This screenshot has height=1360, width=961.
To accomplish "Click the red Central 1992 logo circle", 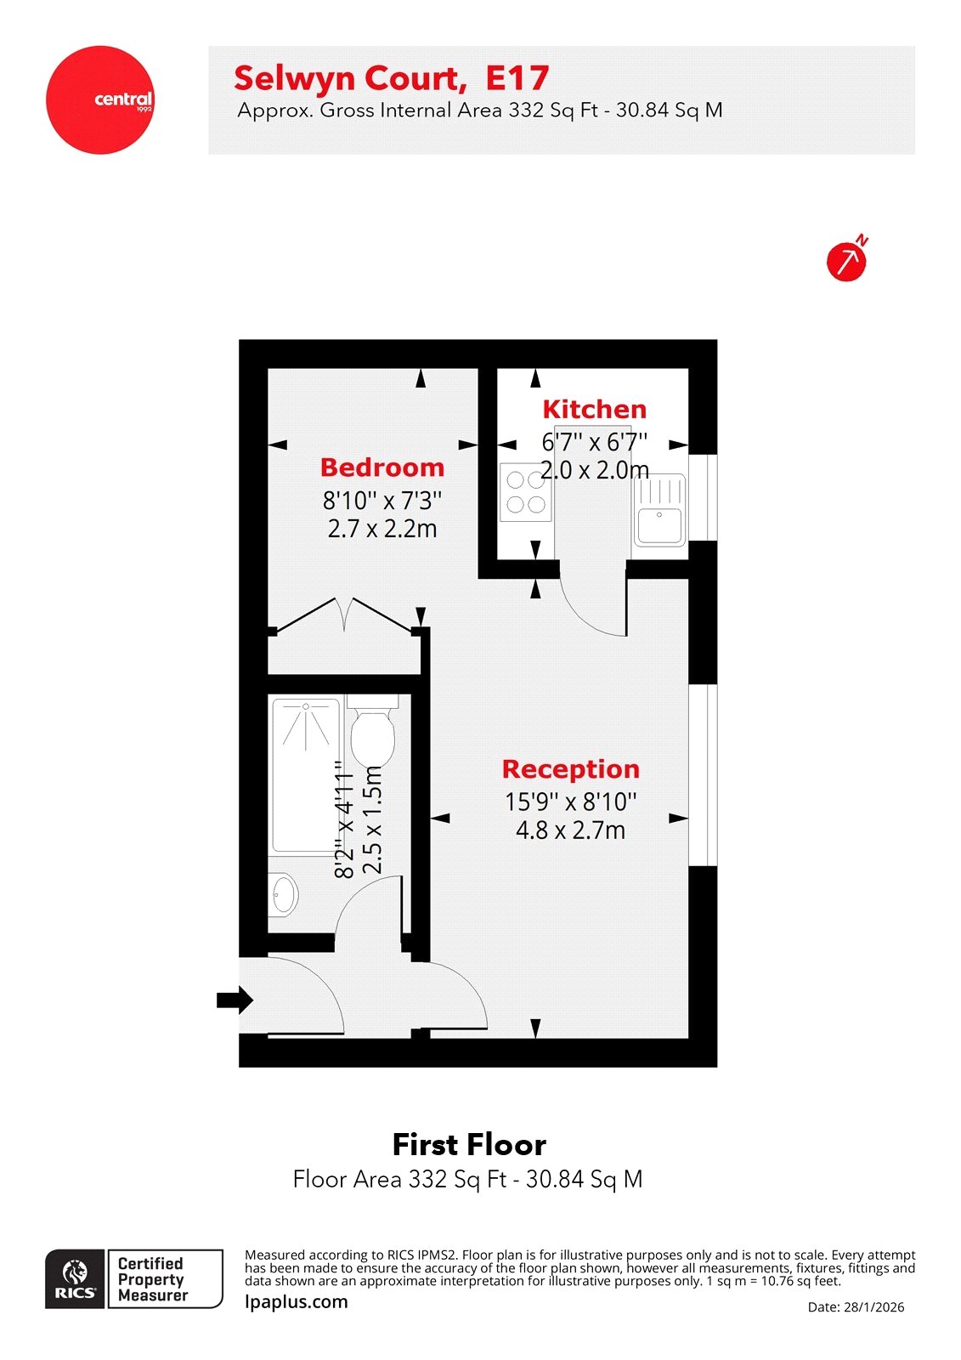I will [100, 100].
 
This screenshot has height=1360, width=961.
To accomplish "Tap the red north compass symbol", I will [846, 261].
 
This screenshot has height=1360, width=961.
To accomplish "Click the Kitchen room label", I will [594, 410].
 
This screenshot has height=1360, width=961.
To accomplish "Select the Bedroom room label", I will [382, 467].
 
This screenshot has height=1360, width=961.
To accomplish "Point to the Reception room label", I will [570, 769].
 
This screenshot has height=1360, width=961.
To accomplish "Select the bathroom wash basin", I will [284, 894].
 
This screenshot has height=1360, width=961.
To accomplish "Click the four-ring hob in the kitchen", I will [525, 492].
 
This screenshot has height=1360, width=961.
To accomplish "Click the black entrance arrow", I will [235, 1000].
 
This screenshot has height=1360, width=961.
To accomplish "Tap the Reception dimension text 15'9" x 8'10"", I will [570, 802].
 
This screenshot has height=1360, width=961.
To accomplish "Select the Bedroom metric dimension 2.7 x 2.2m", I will [382, 529].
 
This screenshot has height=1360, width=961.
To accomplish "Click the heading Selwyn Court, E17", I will [392, 78].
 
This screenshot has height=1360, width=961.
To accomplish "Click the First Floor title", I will [469, 1145].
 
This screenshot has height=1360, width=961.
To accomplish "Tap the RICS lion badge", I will [76, 1278].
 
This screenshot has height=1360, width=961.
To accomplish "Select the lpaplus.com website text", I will [297, 1301].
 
